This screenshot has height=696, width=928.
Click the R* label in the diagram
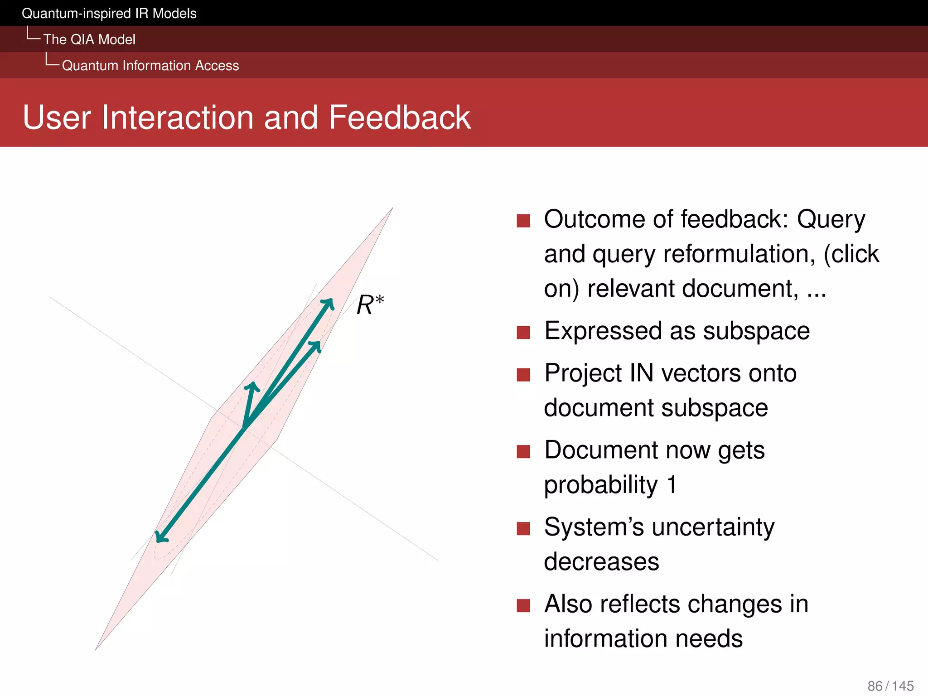tap(370, 304)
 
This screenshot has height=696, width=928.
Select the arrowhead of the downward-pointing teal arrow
tap(160, 536)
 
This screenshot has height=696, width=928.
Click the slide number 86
tap(875, 686)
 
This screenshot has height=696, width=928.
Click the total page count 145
tap(903, 686)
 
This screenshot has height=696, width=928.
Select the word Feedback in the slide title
tap(400, 117)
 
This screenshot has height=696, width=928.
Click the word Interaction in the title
tap(179, 117)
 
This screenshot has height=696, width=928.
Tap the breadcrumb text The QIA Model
tap(89, 39)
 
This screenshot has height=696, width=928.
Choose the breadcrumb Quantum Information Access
tap(150, 66)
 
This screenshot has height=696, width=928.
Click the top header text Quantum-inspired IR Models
tap(109, 14)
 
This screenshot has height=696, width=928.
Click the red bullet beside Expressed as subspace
tap(523, 332)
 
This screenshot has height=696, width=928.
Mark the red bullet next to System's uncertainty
tap(523, 528)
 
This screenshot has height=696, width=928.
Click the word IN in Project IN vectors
tap(641, 373)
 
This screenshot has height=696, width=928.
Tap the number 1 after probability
tap(672, 484)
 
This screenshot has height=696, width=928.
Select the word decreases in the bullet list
tap(601, 562)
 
